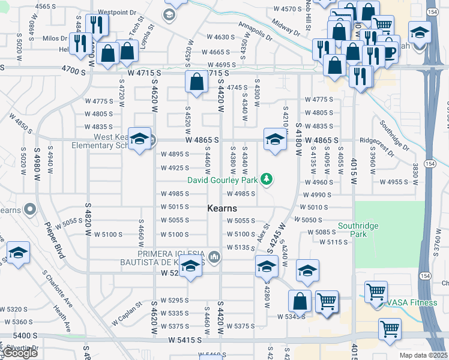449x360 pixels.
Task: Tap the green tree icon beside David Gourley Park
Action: tap(267, 179)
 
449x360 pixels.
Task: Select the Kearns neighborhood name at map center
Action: tap(222, 208)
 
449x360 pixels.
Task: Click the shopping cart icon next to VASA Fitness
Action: tap(376, 292)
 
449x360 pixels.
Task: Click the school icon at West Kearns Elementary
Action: tap(139, 140)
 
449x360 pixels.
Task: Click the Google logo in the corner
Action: tap(20, 353)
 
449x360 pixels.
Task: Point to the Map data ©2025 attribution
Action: tap(423, 355)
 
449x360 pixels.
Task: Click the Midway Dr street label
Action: tap(285, 27)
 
